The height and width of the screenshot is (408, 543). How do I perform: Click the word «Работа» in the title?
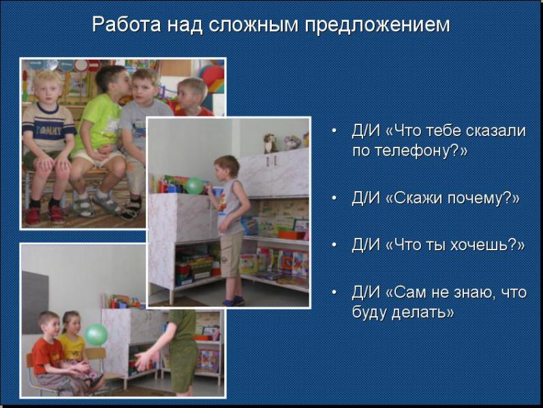(x=127, y=24)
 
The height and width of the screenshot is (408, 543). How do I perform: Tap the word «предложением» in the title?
(x=377, y=26)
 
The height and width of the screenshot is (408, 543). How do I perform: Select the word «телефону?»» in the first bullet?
(x=409, y=151)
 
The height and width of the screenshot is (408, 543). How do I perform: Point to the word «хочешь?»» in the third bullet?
(x=487, y=245)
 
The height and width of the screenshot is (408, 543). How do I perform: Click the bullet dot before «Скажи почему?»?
(x=334, y=198)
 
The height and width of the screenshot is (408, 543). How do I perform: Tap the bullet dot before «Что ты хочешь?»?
(x=334, y=245)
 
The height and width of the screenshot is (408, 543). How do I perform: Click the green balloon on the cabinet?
(x=194, y=186)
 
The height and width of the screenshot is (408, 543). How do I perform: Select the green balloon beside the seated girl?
(x=97, y=335)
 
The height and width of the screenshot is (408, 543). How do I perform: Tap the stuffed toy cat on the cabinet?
(x=270, y=143)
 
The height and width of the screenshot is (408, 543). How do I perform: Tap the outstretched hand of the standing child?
(x=144, y=360)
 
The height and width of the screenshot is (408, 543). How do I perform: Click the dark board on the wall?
(x=35, y=303)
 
